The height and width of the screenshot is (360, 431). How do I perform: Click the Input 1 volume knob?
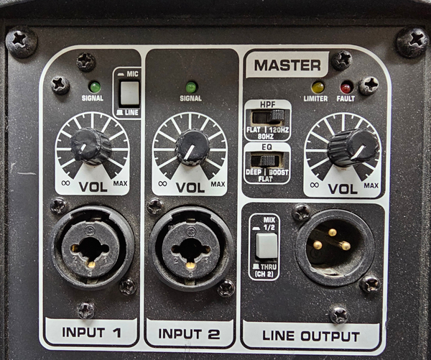click(91, 147)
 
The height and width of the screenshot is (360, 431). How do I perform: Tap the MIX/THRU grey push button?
click(266, 246)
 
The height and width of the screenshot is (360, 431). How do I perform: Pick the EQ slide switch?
click(267, 160)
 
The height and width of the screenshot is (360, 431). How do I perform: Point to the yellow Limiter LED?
click(318, 87)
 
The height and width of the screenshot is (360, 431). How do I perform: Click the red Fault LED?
click(346, 88)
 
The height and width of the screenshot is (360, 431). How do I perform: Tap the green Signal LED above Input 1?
click(94, 87)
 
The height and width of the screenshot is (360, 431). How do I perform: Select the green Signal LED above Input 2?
click(192, 88)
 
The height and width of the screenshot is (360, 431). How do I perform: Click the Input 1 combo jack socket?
click(92, 249)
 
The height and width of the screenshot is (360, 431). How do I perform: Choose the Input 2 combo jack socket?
click(191, 249)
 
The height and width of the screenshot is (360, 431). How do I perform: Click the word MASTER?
click(287, 65)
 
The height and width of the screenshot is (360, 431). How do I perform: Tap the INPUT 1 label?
click(91, 332)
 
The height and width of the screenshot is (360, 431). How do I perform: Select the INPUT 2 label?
click(189, 333)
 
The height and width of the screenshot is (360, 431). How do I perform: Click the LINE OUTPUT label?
click(311, 336)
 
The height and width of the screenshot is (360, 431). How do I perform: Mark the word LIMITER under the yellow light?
click(315, 98)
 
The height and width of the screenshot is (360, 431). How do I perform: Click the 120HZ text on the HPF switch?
click(279, 130)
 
